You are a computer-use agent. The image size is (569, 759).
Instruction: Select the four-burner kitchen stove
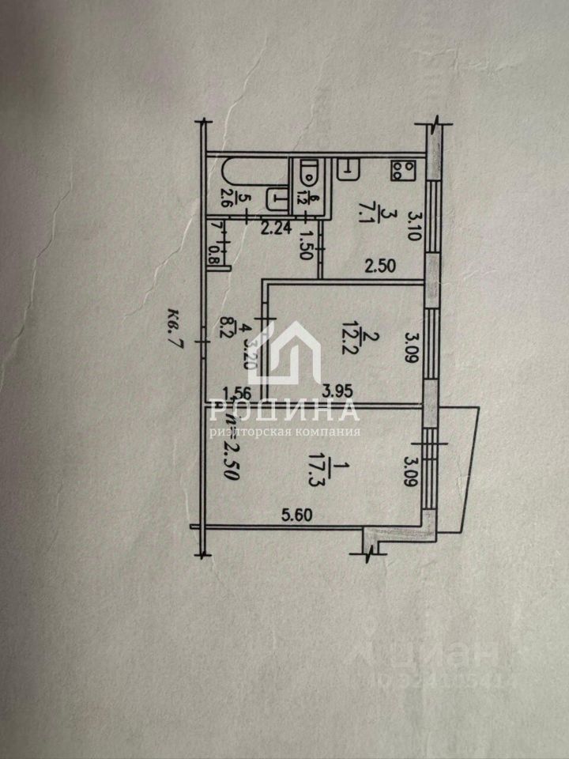(x=403, y=169)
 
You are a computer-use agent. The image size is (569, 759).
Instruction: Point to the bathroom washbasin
(x=277, y=197)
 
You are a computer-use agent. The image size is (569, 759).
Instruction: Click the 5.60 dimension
(x=292, y=515)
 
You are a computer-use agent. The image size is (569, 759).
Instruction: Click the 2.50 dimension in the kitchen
(x=379, y=266)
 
